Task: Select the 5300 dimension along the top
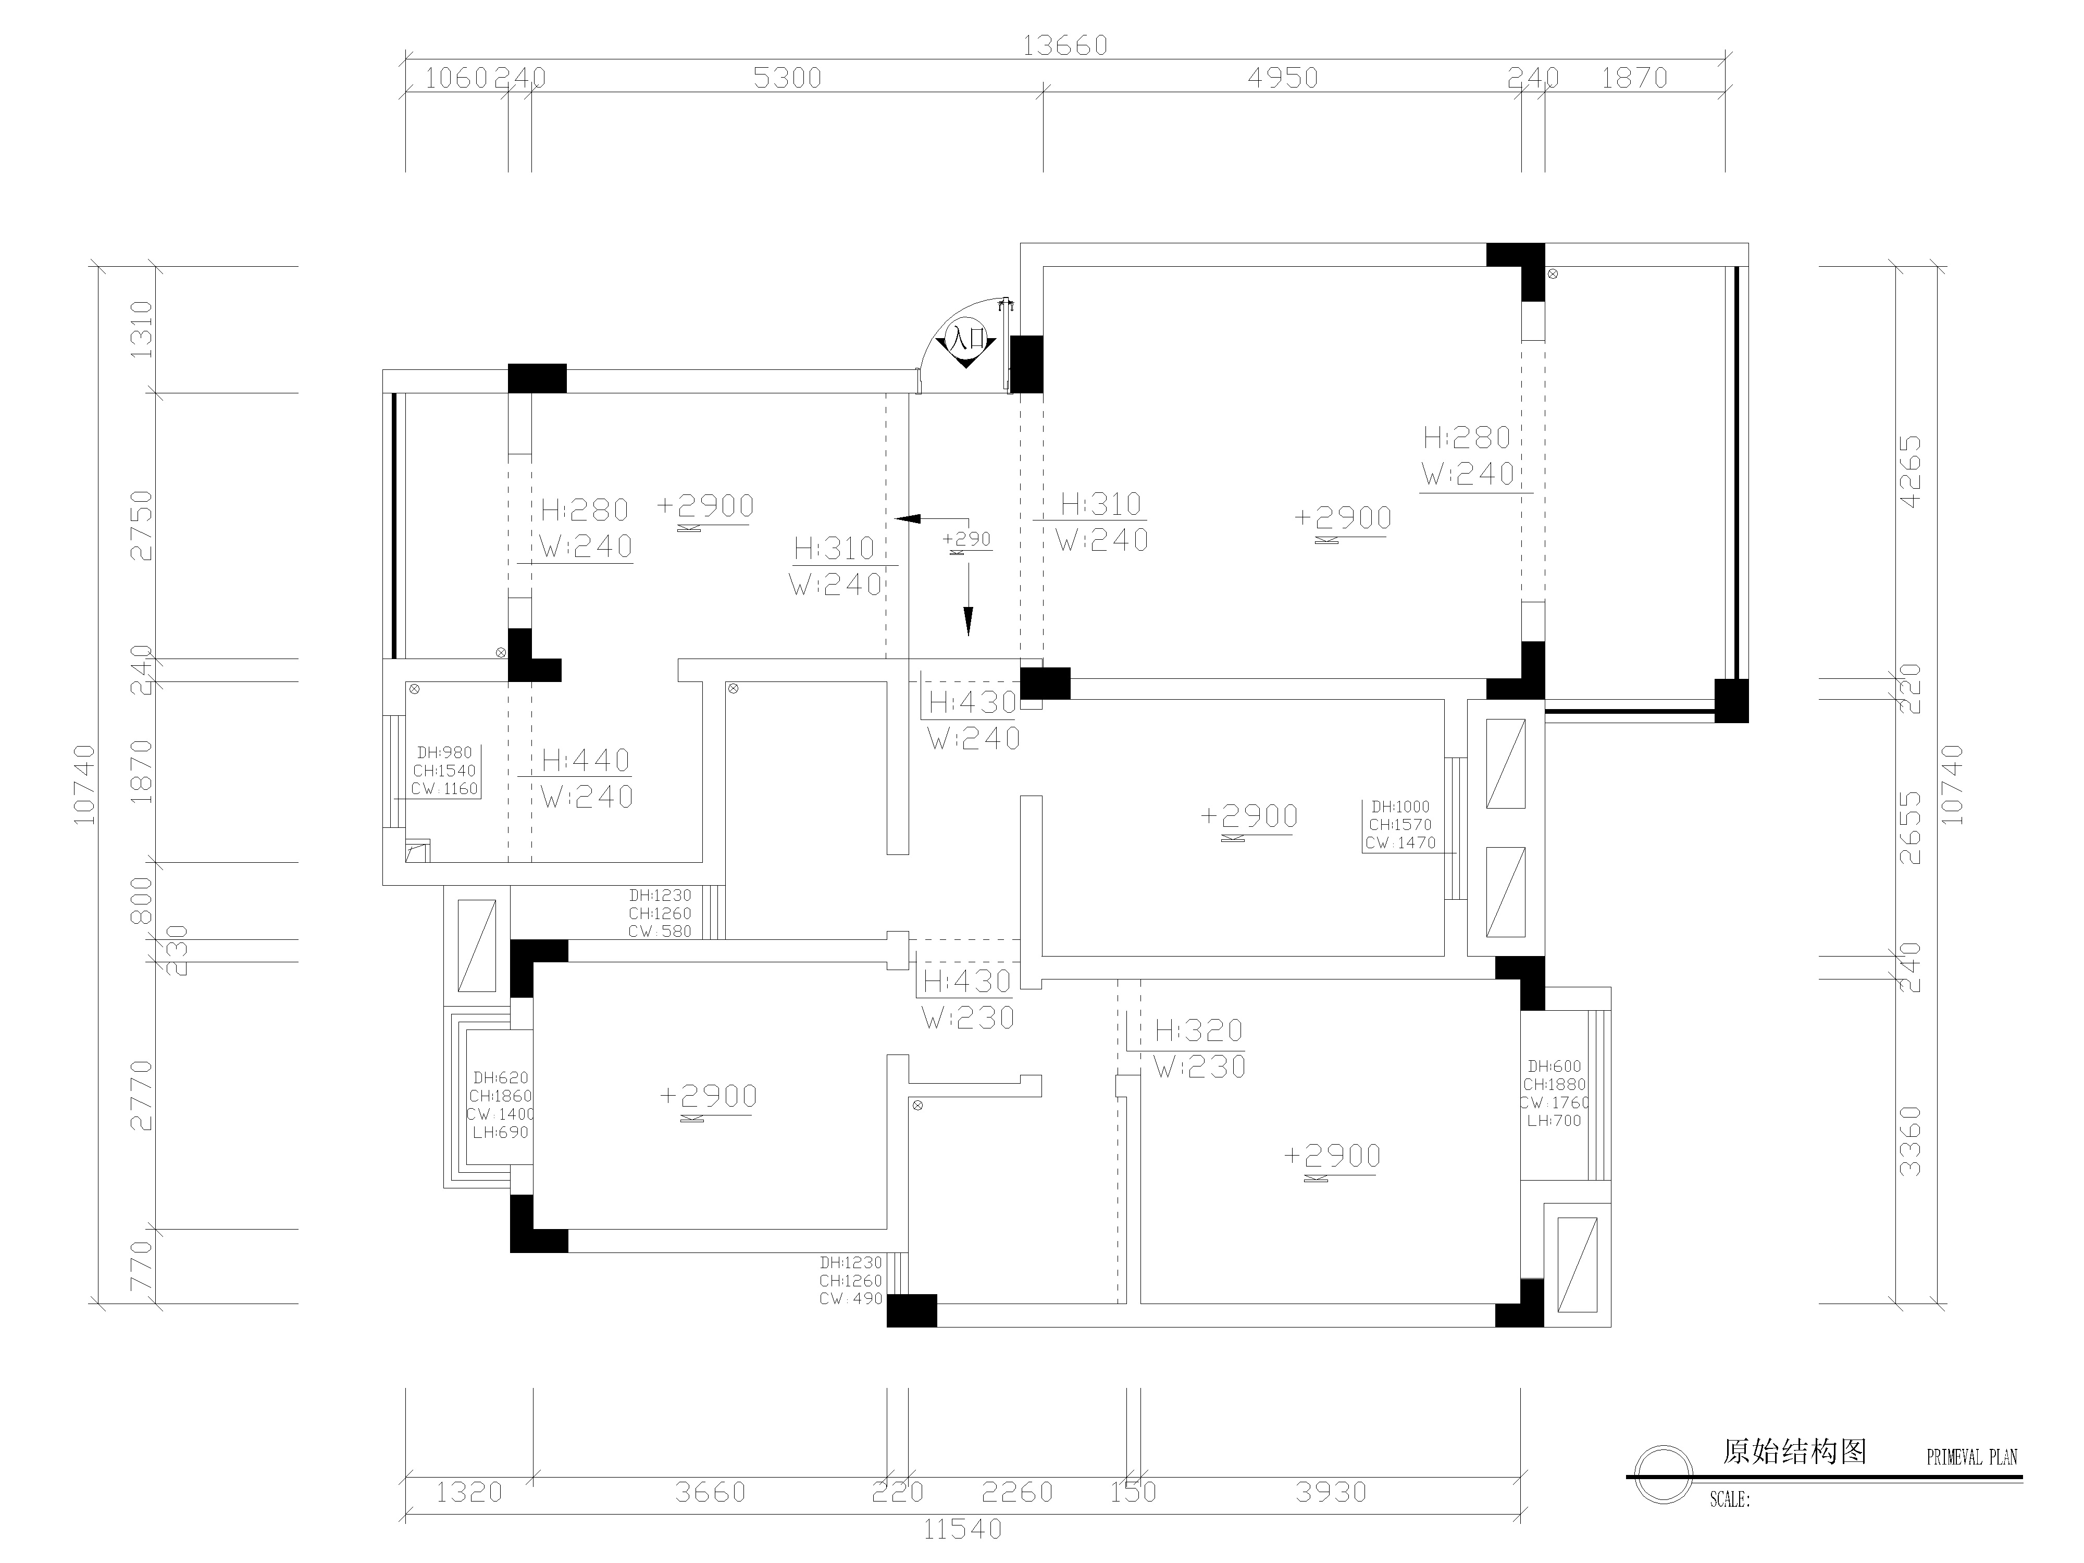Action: click(x=788, y=78)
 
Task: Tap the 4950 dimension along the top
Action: click(x=1283, y=78)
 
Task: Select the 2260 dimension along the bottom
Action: click(x=1018, y=1492)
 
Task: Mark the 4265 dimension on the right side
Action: click(x=1909, y=471)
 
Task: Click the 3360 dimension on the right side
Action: click(x=1909, y=1141)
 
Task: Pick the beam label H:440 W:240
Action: click(x=586, y=778)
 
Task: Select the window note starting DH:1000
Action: click(x=1400, y=824)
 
